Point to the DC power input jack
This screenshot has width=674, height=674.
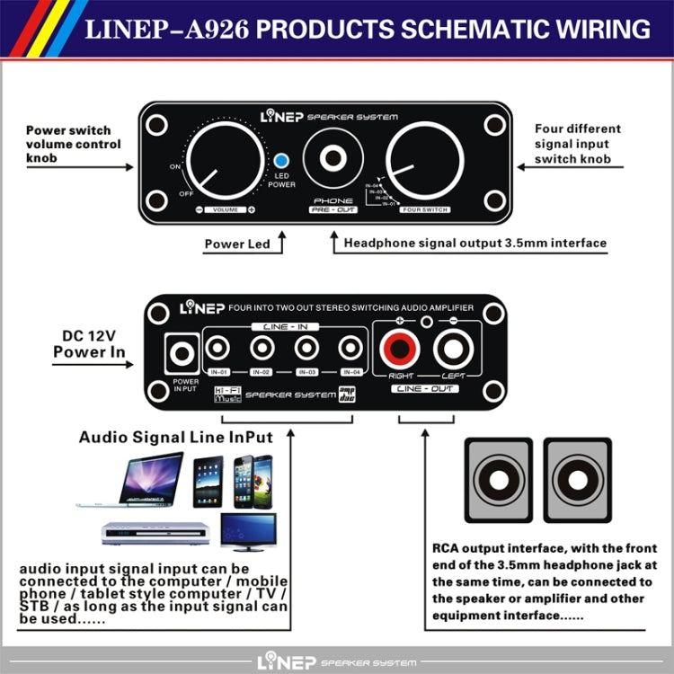183,354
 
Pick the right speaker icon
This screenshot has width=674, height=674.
574,479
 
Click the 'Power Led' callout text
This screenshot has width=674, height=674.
237,244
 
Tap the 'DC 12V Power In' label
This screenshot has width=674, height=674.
89,344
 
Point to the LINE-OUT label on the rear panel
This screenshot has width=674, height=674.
425,388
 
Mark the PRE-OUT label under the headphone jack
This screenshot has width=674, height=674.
333,209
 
